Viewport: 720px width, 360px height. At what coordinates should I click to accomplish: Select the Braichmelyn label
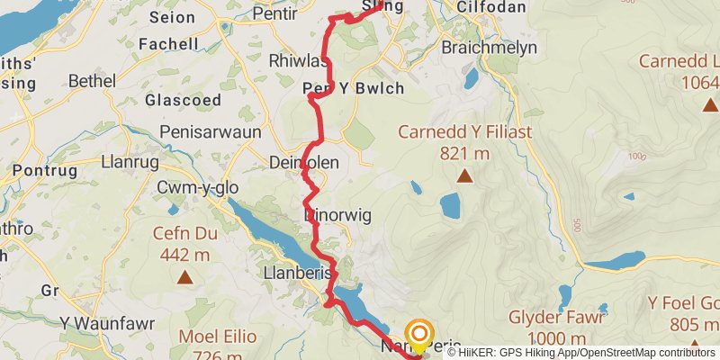pos(490,48)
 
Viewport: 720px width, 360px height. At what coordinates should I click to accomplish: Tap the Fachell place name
pos(168,43)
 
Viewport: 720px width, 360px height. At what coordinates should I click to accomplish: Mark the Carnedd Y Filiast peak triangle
pos(464,176)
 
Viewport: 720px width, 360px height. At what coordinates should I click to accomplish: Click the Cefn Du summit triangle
pos(184,277)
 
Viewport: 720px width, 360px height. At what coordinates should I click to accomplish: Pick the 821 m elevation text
pos(464,153)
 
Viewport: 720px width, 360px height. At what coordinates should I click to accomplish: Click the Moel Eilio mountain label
pos(217,337)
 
